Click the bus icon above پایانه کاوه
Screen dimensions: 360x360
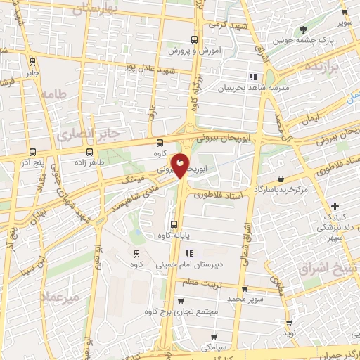pos(174,224)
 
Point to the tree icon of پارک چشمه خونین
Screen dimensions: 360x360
pos(303,30)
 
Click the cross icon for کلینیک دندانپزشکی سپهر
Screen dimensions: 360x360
pos(335,206)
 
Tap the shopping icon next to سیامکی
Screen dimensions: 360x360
pos(214,337)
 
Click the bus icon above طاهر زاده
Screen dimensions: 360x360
pos(89,151)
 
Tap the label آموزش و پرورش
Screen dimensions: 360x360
pos(196,51)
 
